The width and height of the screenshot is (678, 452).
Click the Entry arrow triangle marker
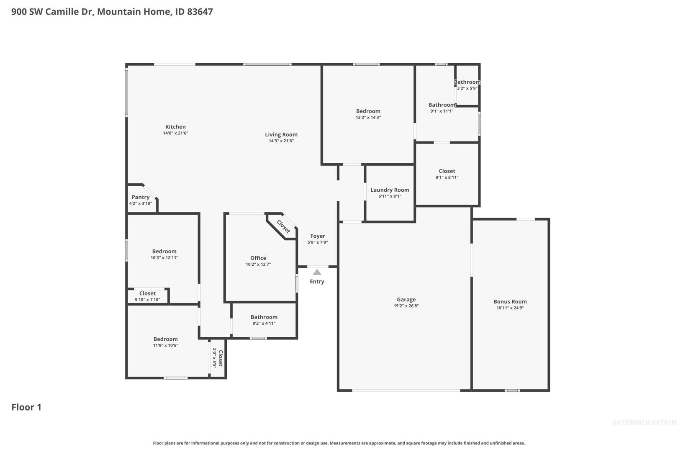point(317,272)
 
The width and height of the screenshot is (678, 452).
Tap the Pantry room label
point(141,197)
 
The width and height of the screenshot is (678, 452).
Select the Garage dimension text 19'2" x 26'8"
point(406,306)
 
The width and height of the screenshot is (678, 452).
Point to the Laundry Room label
point(390,190)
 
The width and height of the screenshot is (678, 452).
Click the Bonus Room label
point(510,301)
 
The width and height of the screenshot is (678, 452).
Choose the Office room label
point(258,258)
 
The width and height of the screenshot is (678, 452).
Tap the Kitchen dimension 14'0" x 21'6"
point(175,133)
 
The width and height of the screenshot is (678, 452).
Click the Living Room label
point(281,135)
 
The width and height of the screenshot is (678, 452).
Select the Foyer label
point(318,236)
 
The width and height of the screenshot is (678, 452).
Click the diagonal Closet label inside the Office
point(284,227)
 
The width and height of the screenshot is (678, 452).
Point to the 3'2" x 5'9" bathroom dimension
point(467,88)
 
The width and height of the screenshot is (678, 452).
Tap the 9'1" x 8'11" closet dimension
point(447,177)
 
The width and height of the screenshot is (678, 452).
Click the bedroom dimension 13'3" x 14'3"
point(368,118)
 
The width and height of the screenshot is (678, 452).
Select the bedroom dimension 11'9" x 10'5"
point(166,345)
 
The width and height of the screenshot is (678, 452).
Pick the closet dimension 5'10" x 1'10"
point(147,300)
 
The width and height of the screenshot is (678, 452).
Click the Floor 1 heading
point(26,407)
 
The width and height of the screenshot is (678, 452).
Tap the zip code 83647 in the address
point(200,11)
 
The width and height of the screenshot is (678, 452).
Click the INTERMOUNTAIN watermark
point(645,422)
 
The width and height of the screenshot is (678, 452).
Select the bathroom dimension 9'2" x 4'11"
point(264,324)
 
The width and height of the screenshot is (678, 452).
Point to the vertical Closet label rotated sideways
point(221,358)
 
